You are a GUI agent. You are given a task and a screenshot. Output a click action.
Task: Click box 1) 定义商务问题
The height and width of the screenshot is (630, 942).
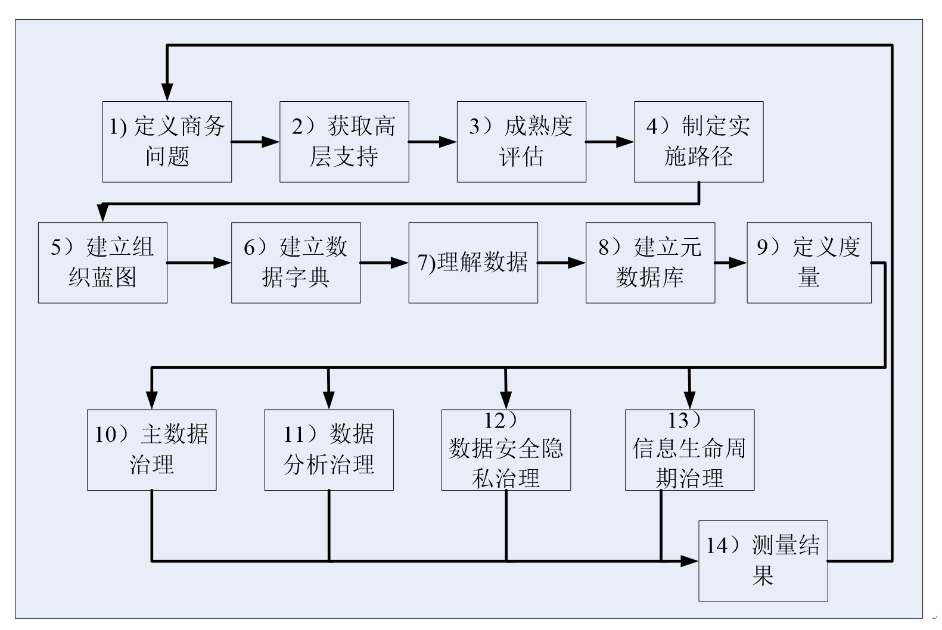(x=167, y=142)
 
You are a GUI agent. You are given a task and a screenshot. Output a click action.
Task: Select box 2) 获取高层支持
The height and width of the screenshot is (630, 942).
(x=344, y=142)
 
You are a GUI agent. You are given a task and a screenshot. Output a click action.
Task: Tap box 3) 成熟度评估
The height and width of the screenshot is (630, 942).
(x=521, y=142)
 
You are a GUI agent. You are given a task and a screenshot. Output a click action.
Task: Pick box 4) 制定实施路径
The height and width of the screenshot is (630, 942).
(x=698, y=142)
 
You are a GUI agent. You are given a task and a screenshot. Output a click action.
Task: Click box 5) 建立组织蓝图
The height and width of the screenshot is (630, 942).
(x=102, y=263)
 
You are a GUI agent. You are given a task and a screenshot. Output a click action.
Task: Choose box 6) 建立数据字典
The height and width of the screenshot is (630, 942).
(x=296, y=263)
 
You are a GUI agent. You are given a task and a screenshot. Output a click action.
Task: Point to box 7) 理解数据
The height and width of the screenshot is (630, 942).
(x=473, y=263)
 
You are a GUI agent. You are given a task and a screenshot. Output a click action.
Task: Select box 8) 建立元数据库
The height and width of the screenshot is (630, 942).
(x=650, y=263)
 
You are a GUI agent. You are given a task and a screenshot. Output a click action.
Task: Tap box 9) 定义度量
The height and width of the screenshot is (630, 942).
(x=809, y=263)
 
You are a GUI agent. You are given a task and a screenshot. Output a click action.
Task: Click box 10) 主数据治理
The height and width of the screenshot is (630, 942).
(x=151, y=450)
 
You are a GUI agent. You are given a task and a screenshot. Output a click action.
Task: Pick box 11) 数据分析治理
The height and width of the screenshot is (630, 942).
(x=328, y=450)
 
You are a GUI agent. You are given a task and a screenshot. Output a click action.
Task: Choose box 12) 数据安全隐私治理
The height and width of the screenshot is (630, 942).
(x=506, y=450)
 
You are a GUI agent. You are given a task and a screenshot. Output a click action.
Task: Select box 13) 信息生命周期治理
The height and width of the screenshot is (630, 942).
(x=689, y=450)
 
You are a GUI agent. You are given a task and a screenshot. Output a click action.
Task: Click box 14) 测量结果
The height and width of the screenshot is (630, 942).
(x=763, y=560)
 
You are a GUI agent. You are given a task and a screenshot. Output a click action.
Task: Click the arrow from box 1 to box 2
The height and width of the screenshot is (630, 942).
(x=255, y=142)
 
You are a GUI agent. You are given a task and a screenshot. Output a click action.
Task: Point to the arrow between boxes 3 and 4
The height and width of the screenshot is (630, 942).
(x=609, y=142)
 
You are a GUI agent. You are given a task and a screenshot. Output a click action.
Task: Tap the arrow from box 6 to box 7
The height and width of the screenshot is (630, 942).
(x=384, y=263)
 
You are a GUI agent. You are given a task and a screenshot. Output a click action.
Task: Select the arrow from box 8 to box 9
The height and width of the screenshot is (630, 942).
(x=730, y=263)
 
